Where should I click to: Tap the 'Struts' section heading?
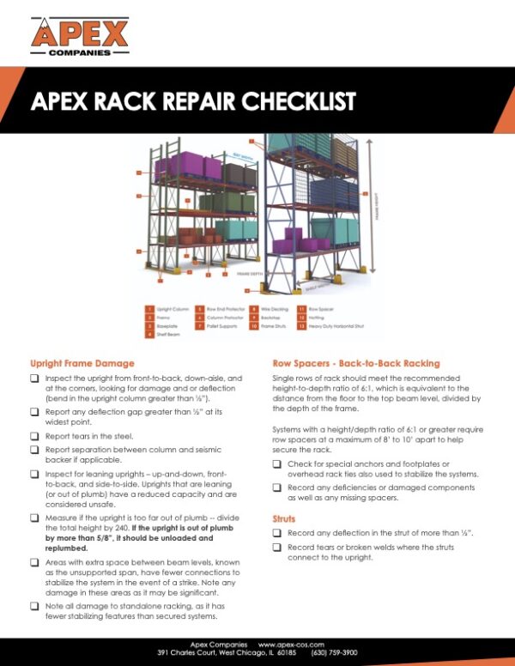[284, 519]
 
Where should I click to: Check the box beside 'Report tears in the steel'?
[34, 436]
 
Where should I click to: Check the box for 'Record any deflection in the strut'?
[277, 533]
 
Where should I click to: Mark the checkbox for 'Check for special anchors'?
[277, 463]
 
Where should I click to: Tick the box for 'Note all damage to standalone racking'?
[34, 605]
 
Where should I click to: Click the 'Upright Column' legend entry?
[177, 306]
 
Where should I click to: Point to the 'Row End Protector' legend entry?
[226, 306]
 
